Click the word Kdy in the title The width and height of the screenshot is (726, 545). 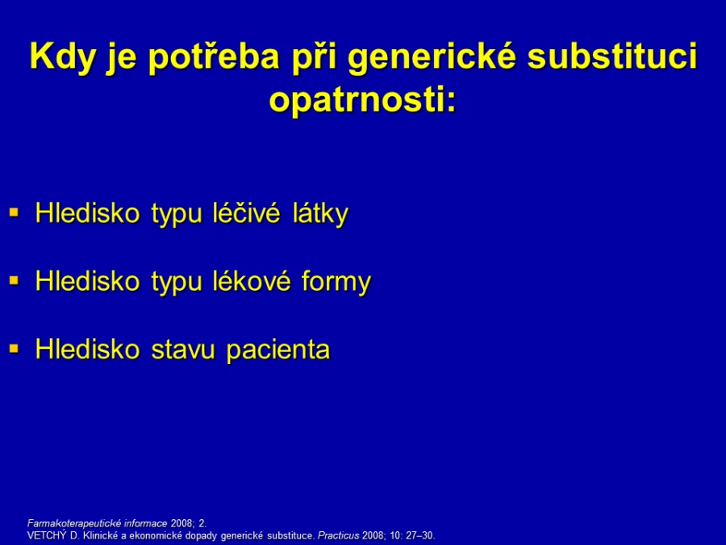click(x=63, y=57)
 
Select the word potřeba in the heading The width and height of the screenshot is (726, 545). click(x=214, y=57)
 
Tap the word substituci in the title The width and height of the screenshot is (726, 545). click(x=612, y=56)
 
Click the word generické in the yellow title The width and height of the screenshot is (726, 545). click(x=432, y=57)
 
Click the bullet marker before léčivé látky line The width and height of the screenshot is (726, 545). click(x=14, y=212)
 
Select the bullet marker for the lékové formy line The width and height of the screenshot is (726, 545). click(x=14, y=281)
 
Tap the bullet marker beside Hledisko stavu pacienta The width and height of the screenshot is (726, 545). click(x=14, y=349)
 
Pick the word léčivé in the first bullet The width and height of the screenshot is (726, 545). click(x=246, y=212)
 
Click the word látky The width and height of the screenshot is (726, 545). click(x=320, y=214)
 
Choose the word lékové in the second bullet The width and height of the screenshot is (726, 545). click(x=252, y=281)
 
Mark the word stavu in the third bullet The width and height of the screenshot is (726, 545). click(x=183, y=350)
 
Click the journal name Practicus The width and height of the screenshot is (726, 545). click(x=339, y=536)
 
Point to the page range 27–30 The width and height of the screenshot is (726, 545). click(x=420, y=536)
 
